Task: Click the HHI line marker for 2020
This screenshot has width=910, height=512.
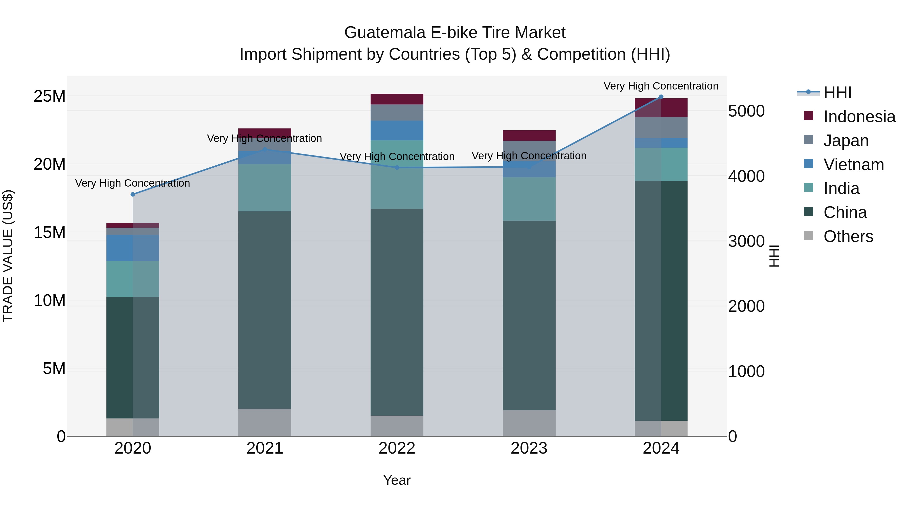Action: pos(133,194)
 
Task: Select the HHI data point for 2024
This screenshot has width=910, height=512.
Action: pos(661,97)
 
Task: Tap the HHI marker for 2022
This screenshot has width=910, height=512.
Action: pos(397,167)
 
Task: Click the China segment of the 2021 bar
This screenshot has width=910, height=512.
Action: pos(265,310)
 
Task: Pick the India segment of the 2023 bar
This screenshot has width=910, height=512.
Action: pos(529,199)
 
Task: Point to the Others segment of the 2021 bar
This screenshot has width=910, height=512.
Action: pos(265,422)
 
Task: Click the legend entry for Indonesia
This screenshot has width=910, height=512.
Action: pos(859,117)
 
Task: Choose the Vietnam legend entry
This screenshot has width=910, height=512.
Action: pos(853,165)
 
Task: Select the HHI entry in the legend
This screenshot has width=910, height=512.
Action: pos(837,93)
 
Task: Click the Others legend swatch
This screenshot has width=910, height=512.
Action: pos(808,236)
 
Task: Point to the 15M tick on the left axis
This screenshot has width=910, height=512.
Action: pos(50,233)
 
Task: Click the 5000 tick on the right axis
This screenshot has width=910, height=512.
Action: pos(746,111)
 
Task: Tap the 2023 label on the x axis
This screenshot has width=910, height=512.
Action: pos(529,448)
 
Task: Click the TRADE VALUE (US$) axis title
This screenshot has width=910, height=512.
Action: pos(8,256)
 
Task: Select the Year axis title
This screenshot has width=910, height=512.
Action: pos(397,480)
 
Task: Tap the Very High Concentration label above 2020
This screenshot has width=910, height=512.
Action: pos(132,183)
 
